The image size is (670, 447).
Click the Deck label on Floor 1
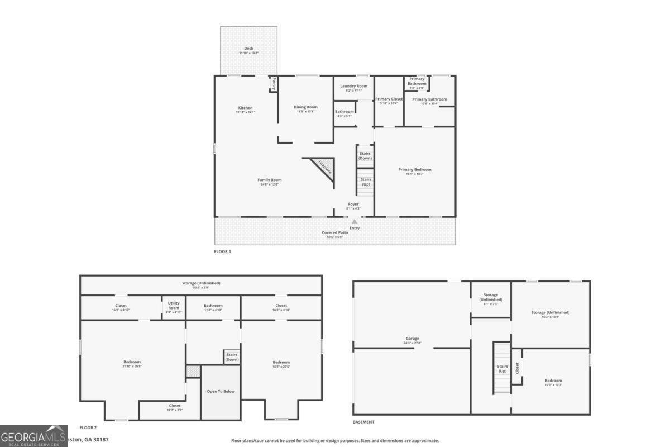tap(248, 49)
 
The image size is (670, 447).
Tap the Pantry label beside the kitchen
tap(274, 83)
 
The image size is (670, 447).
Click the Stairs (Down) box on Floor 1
tap(365, 155)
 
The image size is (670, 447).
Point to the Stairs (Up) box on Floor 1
tap(365, 182)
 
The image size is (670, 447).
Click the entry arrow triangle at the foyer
tap(355, 222)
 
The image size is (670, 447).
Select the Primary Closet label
tap(389, 99)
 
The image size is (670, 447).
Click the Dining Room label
tap(305, 107)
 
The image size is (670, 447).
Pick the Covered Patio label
tap(334, 232)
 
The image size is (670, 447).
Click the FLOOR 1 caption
tap(222, 252)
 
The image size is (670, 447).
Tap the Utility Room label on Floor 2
tap(174, 306)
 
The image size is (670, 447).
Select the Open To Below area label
tap(221, 391)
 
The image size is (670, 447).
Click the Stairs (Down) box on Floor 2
tap(232, 357)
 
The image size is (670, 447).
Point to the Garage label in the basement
tap(413, 339)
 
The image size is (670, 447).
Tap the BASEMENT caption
tap(363, 422)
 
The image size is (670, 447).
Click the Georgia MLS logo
tap(33, 436)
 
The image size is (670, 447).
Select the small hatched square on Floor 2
tap(193, 371)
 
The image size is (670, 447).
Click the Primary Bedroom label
tap(414, 170)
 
